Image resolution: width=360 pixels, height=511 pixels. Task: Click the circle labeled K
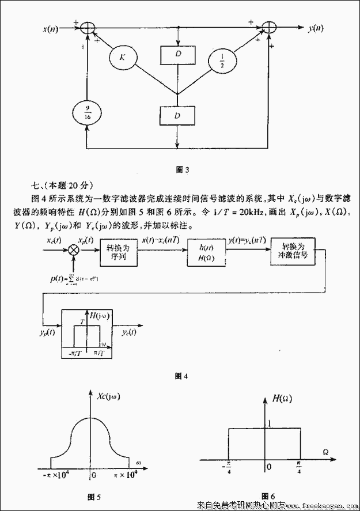coord(122,57)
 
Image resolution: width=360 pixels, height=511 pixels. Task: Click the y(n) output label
coord(315,28)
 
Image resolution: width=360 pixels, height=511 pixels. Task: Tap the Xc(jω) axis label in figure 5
coord(111,396)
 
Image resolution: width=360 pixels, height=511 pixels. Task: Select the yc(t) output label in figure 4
coord(130,332)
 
